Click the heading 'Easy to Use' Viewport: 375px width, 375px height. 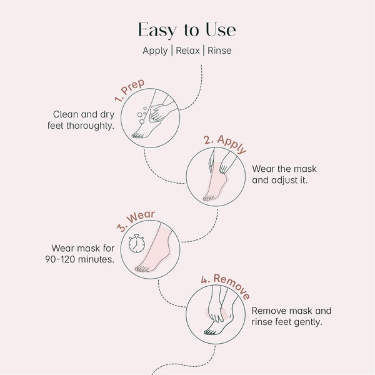(x=187, y=30)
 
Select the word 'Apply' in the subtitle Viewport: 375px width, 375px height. (x=154, y=51)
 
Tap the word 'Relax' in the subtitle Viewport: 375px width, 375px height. (x=187, y=51)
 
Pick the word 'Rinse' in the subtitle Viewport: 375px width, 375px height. (x=219, y=51)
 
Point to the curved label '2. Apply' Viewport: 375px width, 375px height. (x=226, y=144)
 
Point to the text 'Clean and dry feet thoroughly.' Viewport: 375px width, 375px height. (x=81, y=120)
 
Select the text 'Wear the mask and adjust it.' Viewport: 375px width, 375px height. (x=281, y=174)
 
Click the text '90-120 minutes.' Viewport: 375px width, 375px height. (x=79, y=259)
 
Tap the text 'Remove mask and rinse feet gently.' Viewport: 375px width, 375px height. (x=291, y=316)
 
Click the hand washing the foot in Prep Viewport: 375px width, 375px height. (x=161, y=111)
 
